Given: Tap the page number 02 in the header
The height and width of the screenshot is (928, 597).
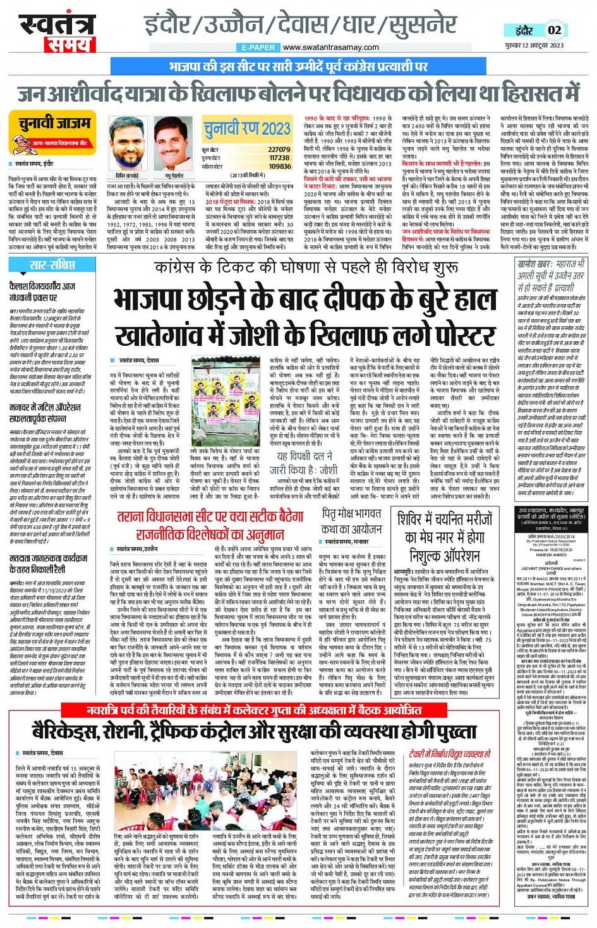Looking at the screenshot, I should click(554, 30).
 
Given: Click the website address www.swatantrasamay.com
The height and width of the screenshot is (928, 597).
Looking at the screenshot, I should click(331, 47).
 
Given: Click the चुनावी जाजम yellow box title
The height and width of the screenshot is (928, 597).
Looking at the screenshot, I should click(54, 124).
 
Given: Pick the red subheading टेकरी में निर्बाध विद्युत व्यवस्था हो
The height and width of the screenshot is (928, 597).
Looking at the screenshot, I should click(449, 754).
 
